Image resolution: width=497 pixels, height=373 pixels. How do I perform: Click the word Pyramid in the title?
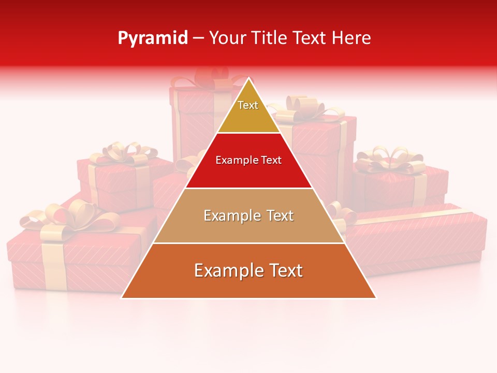tap(152, 38)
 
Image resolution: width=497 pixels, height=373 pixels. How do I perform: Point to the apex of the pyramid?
tap(249, 79)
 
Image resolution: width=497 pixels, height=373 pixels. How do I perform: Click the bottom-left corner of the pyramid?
tap(122, 297)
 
